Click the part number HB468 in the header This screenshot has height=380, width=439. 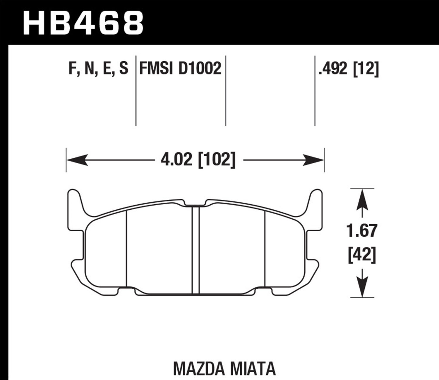pos(83,23)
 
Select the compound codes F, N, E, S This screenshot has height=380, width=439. pos(98,69)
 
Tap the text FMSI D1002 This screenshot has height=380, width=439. pos(180,69)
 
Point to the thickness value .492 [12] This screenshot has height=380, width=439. pos(349,69)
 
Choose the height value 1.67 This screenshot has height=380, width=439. pos(362,231)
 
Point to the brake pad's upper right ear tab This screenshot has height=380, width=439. pos(317,202)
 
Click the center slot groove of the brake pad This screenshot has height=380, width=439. pos(195,249)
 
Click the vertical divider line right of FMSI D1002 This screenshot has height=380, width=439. pos(226,91)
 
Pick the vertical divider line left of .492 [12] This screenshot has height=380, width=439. pos(315,91)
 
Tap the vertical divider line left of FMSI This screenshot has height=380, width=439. pos(136,91)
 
